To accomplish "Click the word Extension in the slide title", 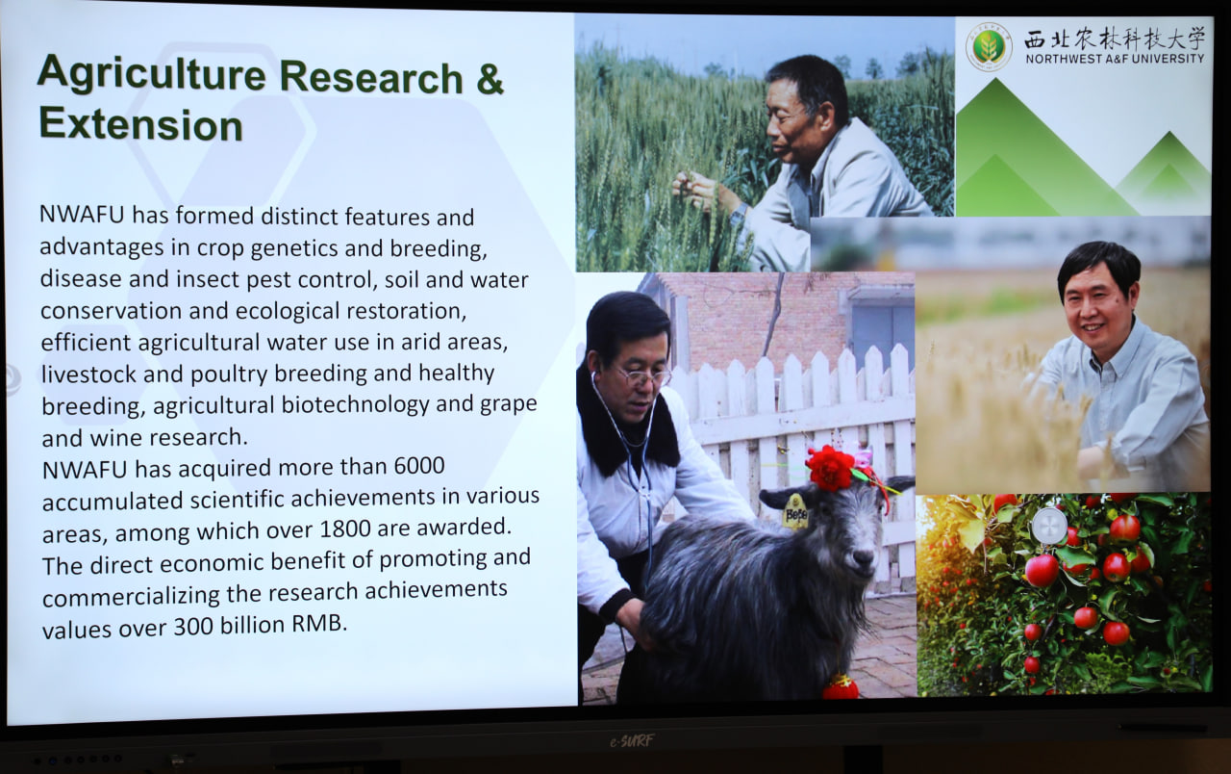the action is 140,124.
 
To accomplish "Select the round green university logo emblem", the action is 989,46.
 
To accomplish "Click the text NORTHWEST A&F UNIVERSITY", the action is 1115,59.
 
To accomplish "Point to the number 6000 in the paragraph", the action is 419,466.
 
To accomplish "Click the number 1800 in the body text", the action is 344,529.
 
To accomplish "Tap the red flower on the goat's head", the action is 830,467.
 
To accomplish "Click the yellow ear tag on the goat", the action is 795,511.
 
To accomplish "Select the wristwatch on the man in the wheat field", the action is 738,214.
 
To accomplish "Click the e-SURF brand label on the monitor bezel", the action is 632,741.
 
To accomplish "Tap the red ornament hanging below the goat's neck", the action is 841,687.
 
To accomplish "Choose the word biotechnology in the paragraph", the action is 355,405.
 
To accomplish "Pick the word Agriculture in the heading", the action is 152,74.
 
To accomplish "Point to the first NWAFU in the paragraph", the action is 82,215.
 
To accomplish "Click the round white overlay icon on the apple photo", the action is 1049,526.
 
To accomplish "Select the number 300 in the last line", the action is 193,626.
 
